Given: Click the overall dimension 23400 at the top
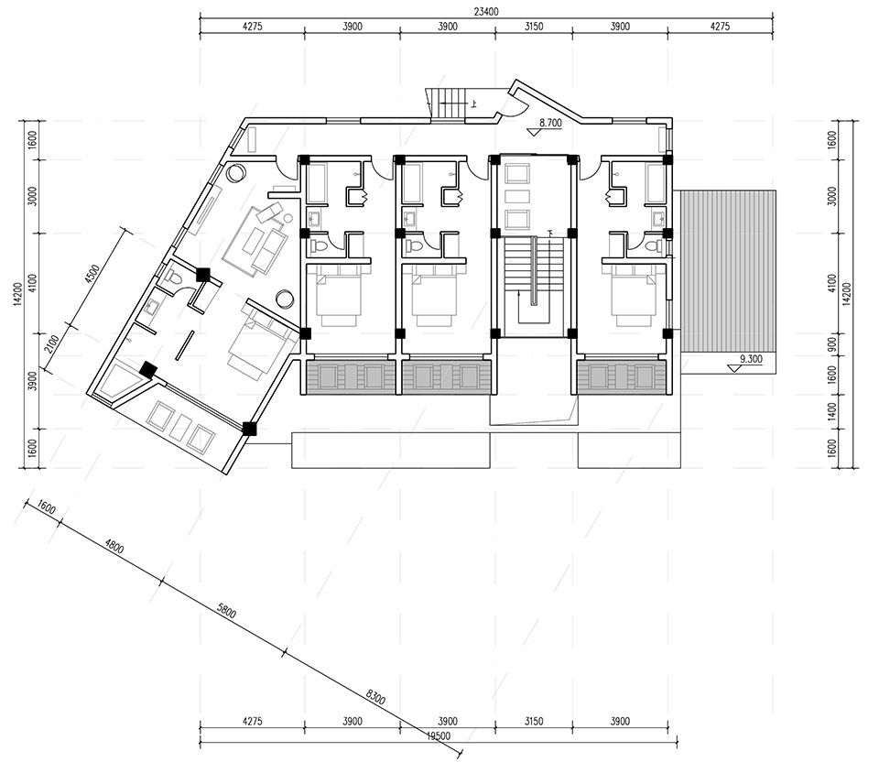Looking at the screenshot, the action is point(485,11).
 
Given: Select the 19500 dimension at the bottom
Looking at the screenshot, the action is point(439,736).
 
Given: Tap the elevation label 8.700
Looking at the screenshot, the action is point(550,124).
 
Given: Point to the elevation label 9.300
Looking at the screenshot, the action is point(751,359).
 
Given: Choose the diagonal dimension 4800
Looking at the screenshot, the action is point(114,546).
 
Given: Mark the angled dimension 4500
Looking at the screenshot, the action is point(92,274).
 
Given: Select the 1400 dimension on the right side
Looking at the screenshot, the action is point(832,411).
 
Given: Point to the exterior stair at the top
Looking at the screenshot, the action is point(446,103).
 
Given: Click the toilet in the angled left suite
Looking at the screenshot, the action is point(173,277).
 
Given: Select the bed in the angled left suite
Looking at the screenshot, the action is point(263,341).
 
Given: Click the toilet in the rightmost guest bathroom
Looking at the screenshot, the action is point(651,245).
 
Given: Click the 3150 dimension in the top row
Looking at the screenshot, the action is point(534,27).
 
